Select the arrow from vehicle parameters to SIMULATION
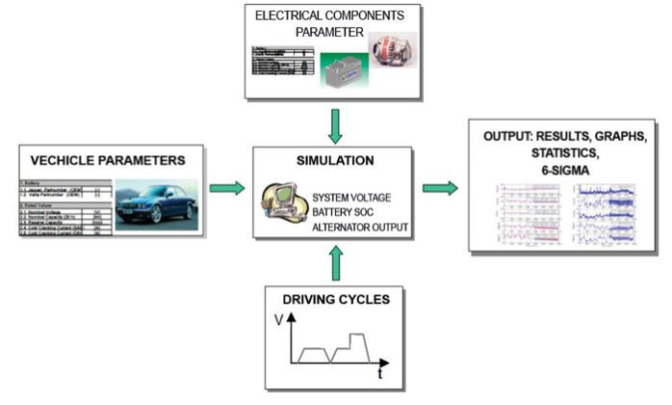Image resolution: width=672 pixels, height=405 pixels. coord(227,187)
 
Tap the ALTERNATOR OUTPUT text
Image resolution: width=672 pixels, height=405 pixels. coord(358,228)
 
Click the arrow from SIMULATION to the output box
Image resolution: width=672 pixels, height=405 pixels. coord(440,187)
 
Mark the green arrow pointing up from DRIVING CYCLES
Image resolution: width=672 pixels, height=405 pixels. coord(335,261)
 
